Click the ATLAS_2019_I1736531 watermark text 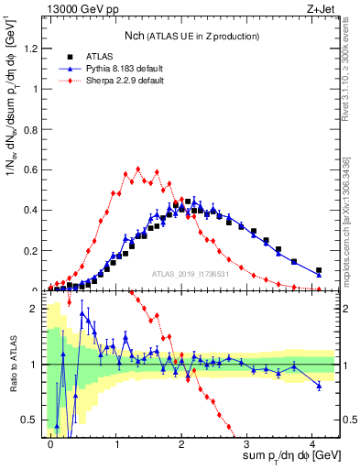coord(190,275)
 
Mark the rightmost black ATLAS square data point coord(319,270)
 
